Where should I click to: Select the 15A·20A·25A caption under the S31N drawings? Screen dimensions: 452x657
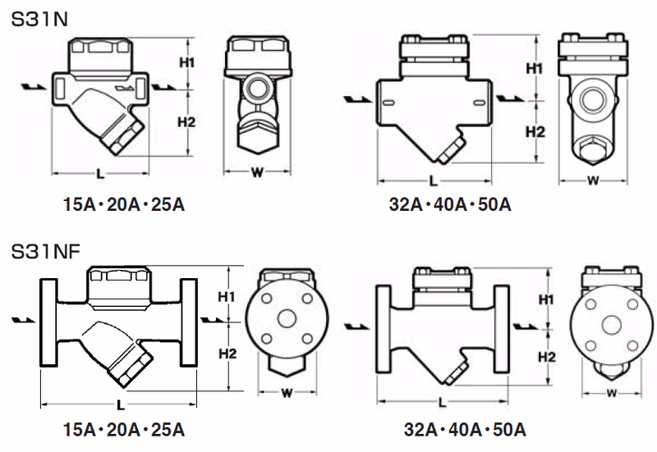click(124, 204)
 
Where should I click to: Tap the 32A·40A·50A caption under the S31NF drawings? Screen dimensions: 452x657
click(465, 430)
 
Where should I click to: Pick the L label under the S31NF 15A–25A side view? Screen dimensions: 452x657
click(120, 404)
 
